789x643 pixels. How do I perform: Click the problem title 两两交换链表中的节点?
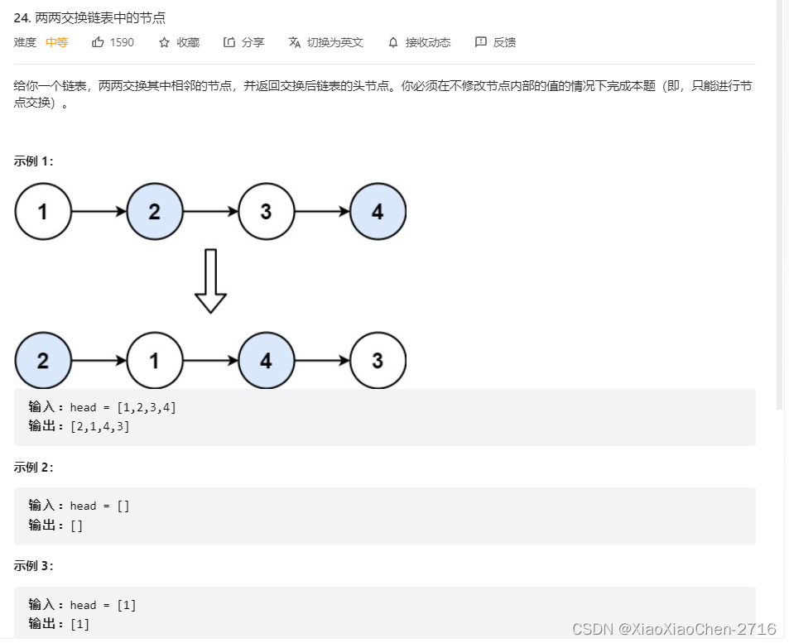[x=100, y=17]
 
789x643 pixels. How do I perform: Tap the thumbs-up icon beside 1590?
[x=98, y=42]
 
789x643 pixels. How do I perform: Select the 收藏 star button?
[x=164, y=42]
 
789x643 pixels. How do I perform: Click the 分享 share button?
[x=229, y=42]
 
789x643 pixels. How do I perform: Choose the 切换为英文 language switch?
[x=294, y=42]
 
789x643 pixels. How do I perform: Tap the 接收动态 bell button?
[x=392, y=42]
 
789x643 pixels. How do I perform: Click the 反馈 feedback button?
[x=481, y=42]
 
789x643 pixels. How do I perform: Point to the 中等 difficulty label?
[x=56, y=42]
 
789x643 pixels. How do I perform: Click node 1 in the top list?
[x=43, y=212]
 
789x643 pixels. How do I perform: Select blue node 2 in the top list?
[x=155, y=212]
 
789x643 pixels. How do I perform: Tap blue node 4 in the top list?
[x=378, y=212]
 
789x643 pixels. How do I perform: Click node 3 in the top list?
[x=266, y=212]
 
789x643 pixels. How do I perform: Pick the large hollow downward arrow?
[x=210, y=281]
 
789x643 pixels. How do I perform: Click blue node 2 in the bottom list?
[x=43, y=361]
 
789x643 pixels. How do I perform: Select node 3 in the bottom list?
[x=378, y=361]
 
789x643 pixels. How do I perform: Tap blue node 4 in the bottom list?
[x=266, y=361]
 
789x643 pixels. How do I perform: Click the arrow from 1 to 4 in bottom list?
[x=210, y=361]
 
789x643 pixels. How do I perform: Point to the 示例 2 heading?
[x=33, y=467]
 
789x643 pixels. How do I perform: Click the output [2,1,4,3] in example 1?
[x=100, y=426]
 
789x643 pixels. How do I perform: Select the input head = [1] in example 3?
[x=103, y=605]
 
